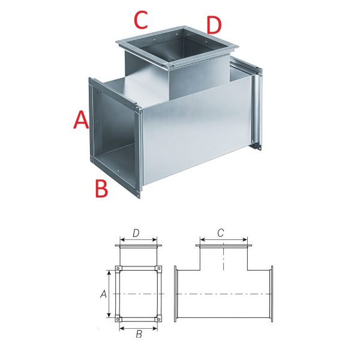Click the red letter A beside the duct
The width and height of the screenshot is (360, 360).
click(x=81, y=120)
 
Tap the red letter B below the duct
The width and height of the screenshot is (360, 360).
click(x=101, y=188)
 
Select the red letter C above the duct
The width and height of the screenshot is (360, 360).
click(x=141, y=20)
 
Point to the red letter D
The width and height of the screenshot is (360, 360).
click(x=214, y=25)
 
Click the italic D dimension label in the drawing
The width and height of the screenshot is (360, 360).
click(x=136, y=233)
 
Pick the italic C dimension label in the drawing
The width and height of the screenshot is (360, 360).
click(x=220, y=233)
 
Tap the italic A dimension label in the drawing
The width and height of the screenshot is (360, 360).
click(x=104, y=294)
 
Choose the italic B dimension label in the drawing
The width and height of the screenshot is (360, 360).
click(x=139, y=334)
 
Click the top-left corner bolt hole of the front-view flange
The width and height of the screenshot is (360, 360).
click(x=118, y=269)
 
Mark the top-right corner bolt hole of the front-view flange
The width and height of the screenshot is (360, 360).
click(x=158, y=269)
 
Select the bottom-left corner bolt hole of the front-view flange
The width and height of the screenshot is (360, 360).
click(x=118, y=319)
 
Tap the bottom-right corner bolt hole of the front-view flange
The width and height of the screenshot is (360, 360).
click(x=158, y=319)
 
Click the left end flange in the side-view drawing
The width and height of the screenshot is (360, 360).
click(x=176, y=294)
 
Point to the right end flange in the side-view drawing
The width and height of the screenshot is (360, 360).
click(x=272, y=294)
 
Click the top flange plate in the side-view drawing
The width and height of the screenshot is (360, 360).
click(x=224, y=245)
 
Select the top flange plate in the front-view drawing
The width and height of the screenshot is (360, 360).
click(x=139, y=245)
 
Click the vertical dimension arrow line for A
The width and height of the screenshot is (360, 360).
click(x=110, y=294)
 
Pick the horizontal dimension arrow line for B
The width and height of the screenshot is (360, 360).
click(x=139, y=328)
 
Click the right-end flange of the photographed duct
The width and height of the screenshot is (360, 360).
click(x=257, y=108)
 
